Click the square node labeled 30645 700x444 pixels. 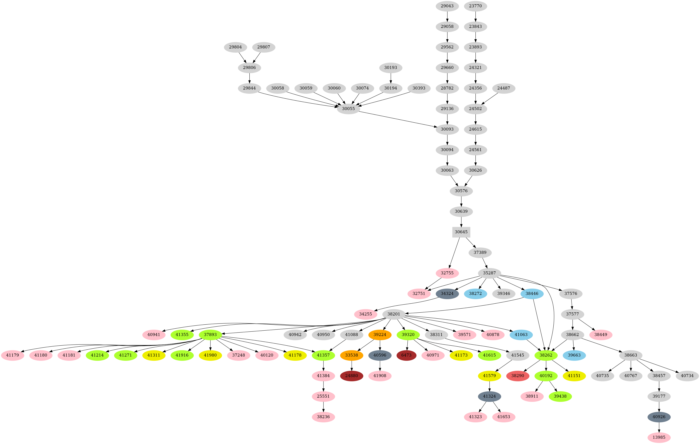pos(461,232)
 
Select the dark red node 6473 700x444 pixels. pos(406,355)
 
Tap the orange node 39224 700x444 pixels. pos(380,334)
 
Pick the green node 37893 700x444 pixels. pos(210,334)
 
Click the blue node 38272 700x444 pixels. pos(475,294)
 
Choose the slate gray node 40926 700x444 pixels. pos(659,417)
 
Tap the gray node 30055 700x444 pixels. pos(348,109)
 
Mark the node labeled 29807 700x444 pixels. pos(264,47)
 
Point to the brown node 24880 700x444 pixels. pos(351,376)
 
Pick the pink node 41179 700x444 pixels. pos(12,355)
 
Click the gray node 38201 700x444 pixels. pos(394,314)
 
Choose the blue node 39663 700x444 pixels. pos(574,355)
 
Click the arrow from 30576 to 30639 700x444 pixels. pos(461,201)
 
